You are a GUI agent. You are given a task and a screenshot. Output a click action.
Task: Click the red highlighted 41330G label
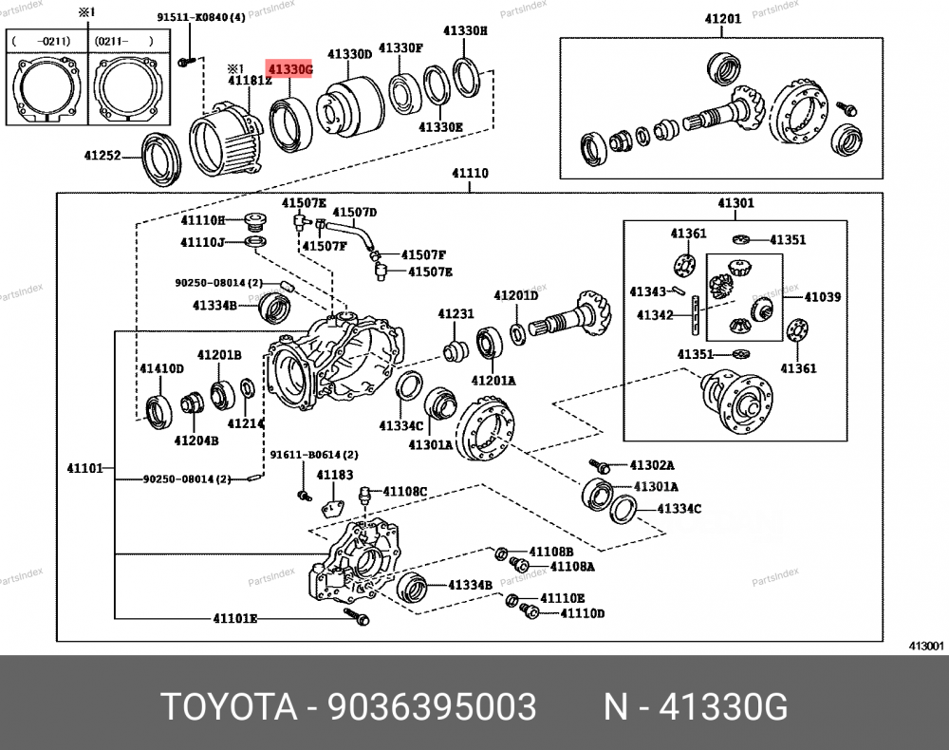click(x=289, y=70)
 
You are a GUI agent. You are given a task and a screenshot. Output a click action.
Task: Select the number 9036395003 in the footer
click(x=432, y=707)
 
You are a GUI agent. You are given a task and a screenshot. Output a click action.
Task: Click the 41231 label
click(x=456, y=313)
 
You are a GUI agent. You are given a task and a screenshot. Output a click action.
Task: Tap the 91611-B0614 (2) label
click(x=314, y=455)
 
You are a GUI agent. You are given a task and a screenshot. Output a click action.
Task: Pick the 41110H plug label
click(x=203, y=220)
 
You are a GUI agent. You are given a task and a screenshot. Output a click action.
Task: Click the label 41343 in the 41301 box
click(x=647, y=291)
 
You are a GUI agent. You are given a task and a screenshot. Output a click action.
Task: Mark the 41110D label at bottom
click(x=582, y=613)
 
